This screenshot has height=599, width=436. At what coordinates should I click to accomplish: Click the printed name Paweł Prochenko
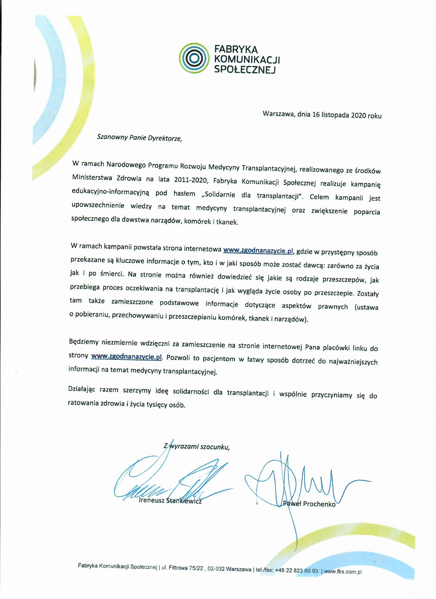click(309, 504)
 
